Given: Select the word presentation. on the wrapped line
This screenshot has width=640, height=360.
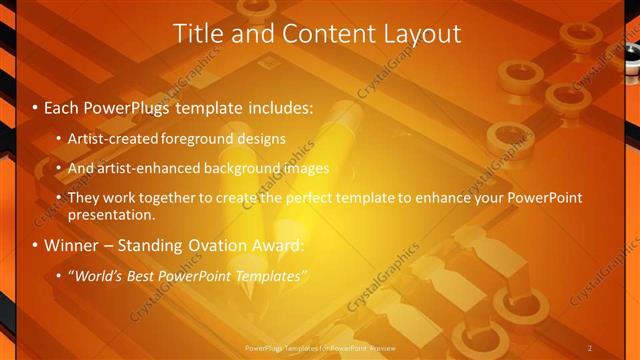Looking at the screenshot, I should point(112,214).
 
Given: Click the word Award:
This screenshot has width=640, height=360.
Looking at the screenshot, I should point(281,245).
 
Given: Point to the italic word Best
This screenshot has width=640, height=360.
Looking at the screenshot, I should point(138,275).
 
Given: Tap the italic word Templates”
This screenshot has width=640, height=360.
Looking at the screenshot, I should point(270,275).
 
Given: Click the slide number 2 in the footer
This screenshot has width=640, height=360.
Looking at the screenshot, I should point(590,347).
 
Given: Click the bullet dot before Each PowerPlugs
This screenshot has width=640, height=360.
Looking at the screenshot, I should point(36,105).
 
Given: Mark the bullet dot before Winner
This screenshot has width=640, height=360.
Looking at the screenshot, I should point(36,245).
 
